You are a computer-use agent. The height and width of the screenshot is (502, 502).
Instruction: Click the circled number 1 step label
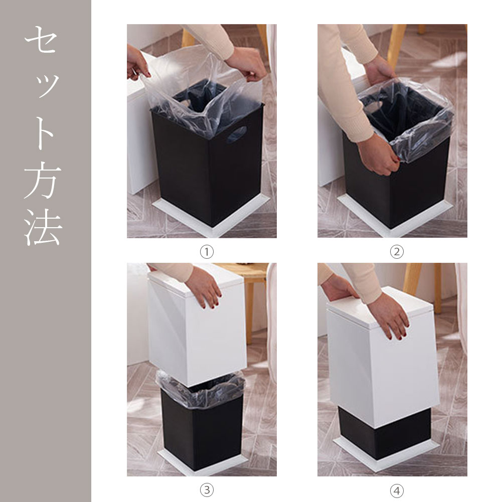pos(207,252)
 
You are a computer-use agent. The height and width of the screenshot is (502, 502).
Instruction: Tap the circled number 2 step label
pos(397,252)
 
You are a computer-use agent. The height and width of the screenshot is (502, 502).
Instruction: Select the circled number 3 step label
pos(207,490)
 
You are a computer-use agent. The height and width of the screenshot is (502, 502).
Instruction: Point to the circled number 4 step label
pos(397,490)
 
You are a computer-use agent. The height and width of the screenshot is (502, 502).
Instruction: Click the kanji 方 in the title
pos(42,182)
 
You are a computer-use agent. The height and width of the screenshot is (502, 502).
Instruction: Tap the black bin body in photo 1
pos(208,166)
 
